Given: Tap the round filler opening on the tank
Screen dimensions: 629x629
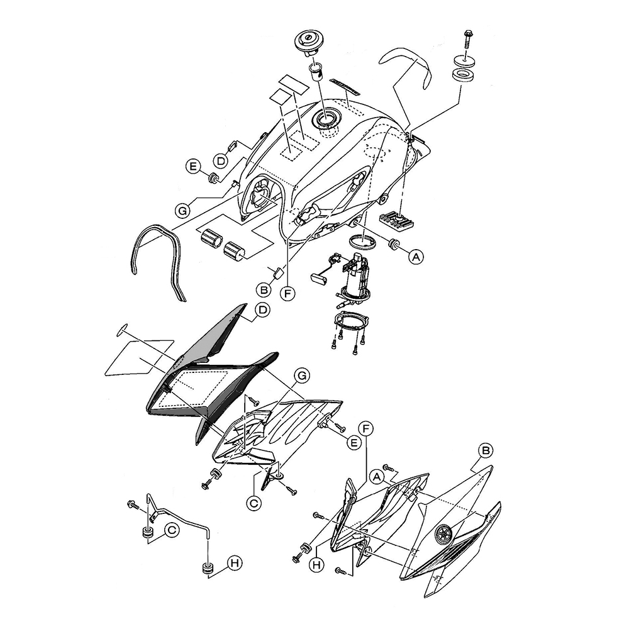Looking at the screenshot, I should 328,119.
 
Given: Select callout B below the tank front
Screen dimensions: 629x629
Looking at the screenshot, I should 264,289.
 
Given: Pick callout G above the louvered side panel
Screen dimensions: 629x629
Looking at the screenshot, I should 303,376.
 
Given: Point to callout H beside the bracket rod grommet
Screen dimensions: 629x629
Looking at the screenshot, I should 233,564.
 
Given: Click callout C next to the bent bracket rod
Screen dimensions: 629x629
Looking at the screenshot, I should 170,530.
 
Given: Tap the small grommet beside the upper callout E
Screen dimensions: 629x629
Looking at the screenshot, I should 214,176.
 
